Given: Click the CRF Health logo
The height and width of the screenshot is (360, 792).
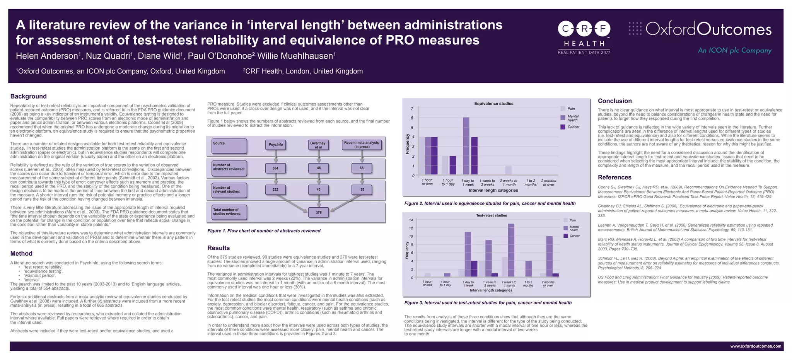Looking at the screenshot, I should [584, 36].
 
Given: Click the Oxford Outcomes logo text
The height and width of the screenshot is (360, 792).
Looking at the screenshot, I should [708, 29].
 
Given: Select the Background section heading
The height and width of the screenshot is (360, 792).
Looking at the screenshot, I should [28, 96].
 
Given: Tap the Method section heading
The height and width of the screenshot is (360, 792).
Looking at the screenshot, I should [21, 254].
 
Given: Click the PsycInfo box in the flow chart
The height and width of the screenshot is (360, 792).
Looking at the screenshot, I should [276, 145].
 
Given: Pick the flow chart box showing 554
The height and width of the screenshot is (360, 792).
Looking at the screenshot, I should [275, 168].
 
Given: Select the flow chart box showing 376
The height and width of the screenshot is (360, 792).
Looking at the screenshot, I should [319, 212].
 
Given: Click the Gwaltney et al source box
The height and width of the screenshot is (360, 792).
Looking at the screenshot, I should [318, 145].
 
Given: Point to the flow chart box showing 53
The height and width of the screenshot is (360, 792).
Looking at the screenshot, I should [362, 190].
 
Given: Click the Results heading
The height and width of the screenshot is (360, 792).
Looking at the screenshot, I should [218, 248].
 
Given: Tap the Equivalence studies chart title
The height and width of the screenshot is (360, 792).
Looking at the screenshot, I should [494, 104].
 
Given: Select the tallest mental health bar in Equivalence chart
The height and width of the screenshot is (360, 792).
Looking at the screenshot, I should [466, 146].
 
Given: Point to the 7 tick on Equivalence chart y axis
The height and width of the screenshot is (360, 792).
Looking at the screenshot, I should [412, 109].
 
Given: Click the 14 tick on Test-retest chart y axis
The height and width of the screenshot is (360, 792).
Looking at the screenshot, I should [411, 220].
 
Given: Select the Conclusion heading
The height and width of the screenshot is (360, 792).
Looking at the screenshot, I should [614, 101].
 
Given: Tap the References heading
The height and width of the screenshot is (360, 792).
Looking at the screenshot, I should [614, 177].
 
